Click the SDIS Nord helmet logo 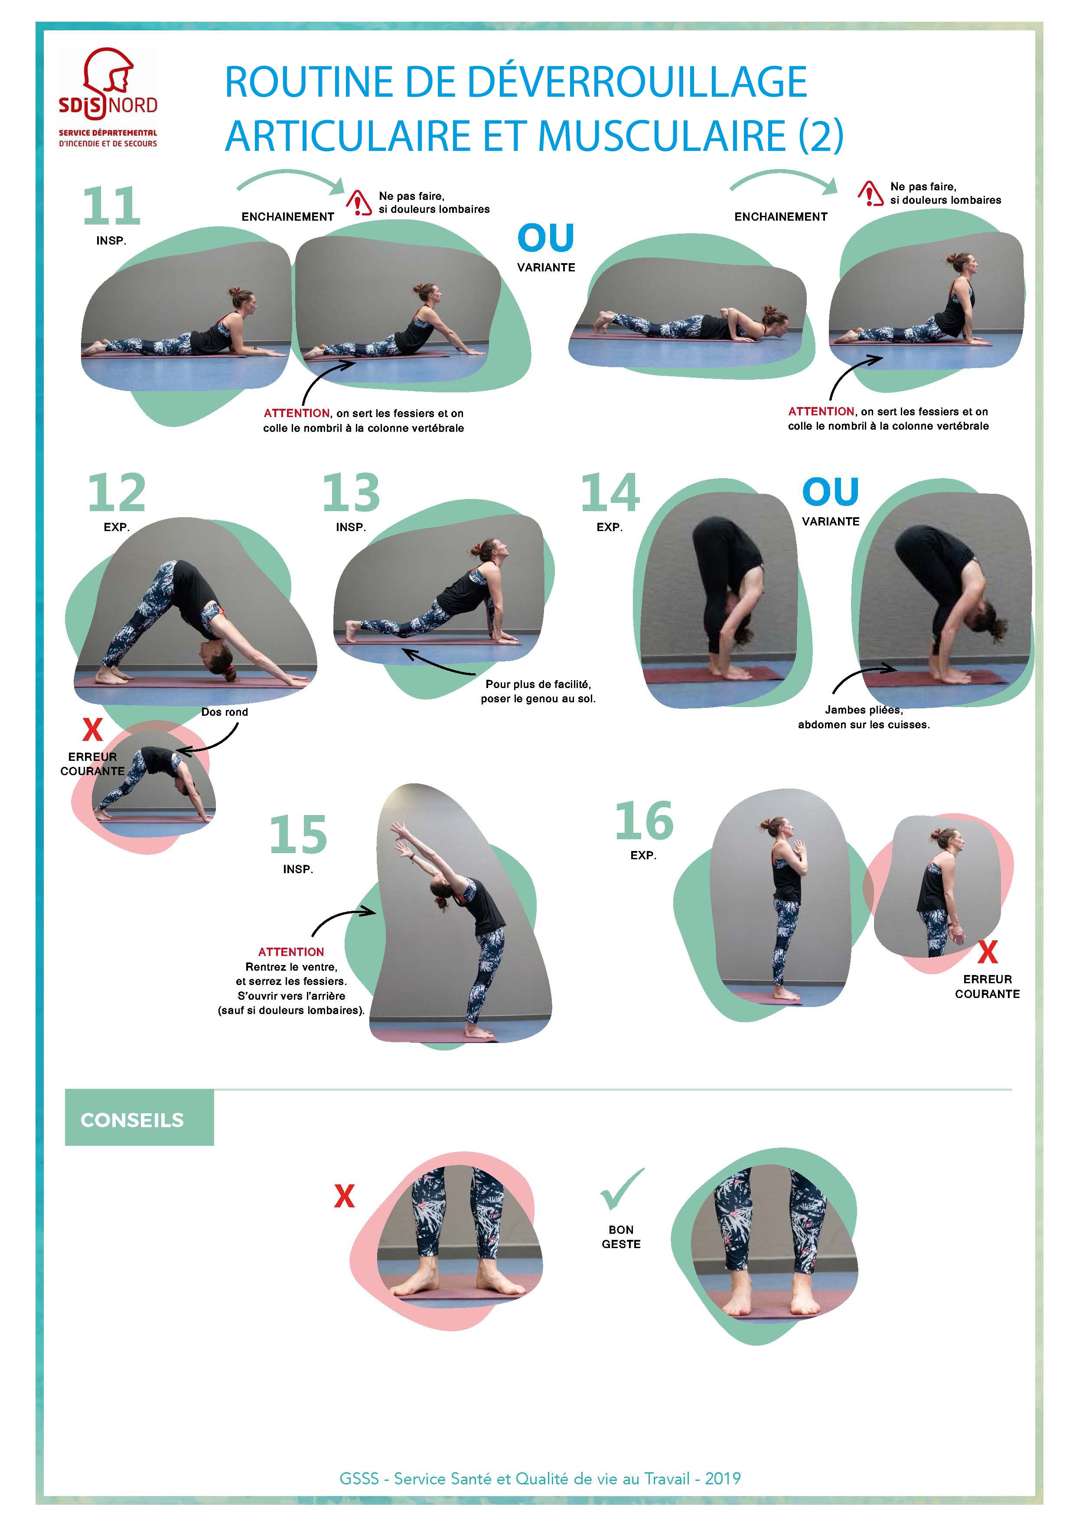click(108, 98)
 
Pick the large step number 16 click(644, 821)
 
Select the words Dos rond click(225, 712)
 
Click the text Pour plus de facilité click(538, 685)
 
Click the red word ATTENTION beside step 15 click(291, 952)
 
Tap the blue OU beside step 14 click(831, 492)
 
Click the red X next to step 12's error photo click(92, 730)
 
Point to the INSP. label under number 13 click(351, 527)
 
